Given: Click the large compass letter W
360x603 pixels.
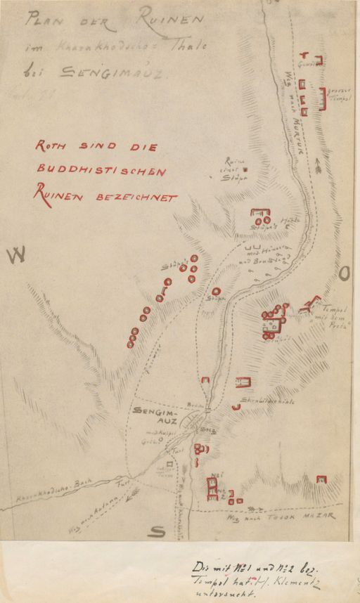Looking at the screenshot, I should [x=16, y=257].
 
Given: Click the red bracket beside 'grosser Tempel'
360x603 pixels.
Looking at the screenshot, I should [x=324, y=98].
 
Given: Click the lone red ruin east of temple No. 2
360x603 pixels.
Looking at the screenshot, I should [x=321, y=479].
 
